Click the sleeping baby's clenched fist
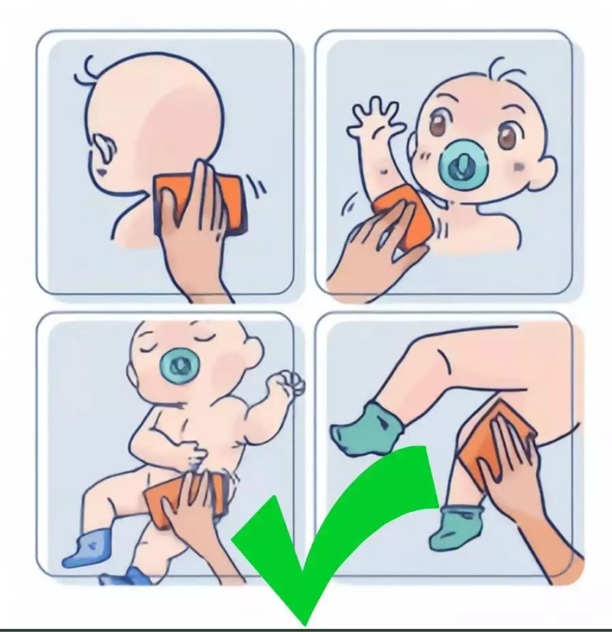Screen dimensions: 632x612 [287, 382]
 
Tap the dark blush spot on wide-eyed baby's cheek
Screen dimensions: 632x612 [520, 166]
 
